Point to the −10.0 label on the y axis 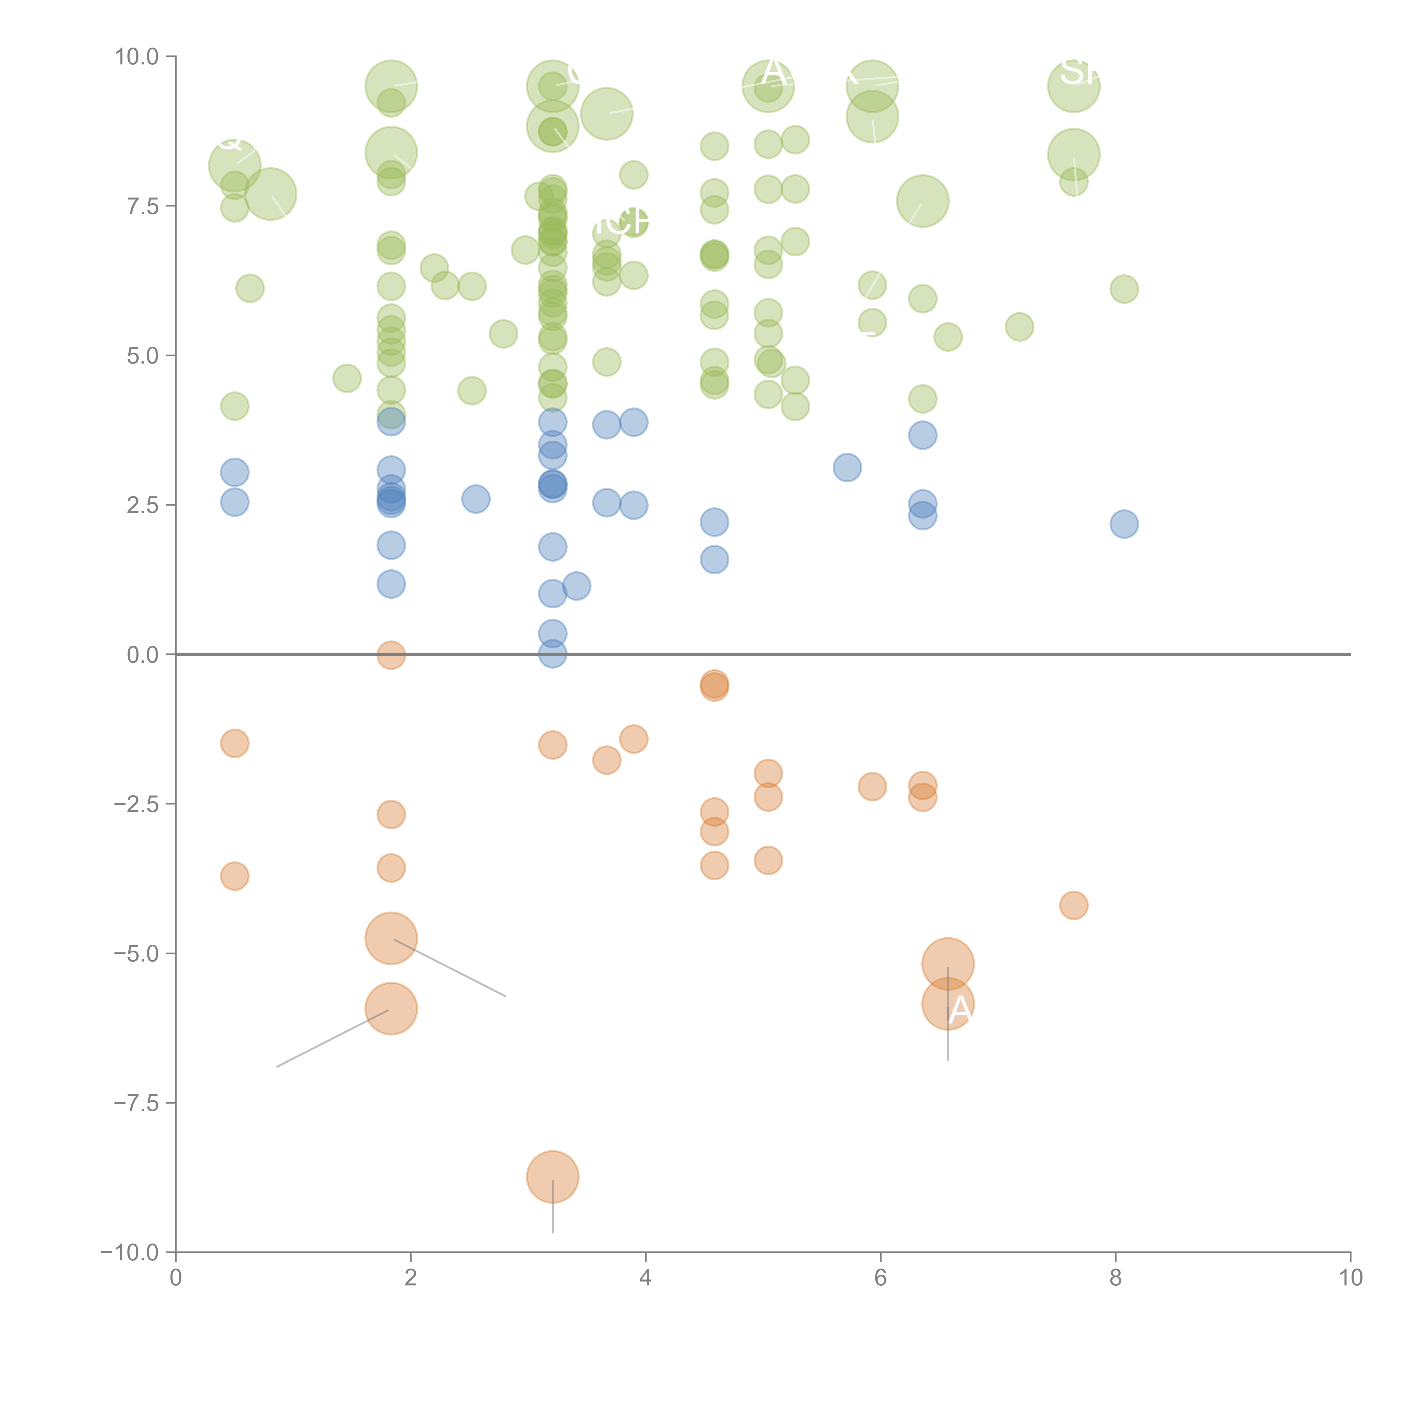130,1253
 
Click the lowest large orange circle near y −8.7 553,1177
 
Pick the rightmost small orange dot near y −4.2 1074,905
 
